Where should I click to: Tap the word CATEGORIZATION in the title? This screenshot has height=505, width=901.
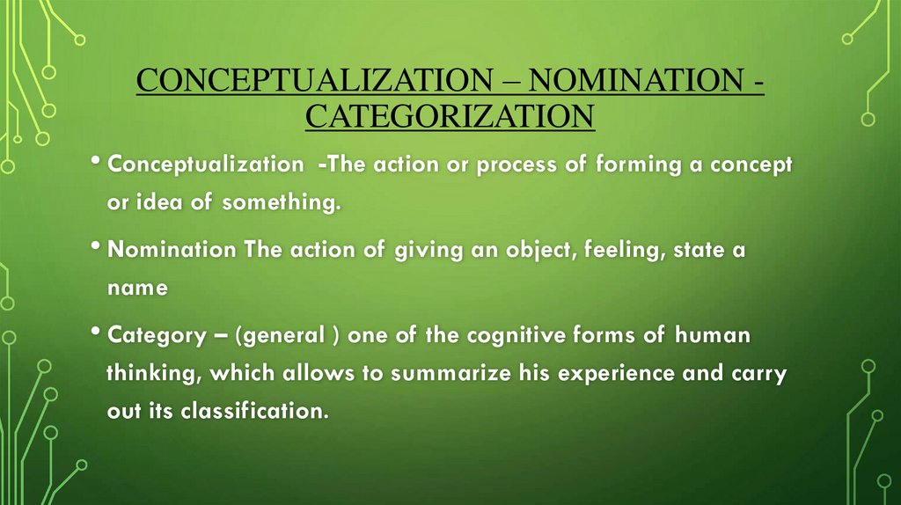[x=450, y=116]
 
